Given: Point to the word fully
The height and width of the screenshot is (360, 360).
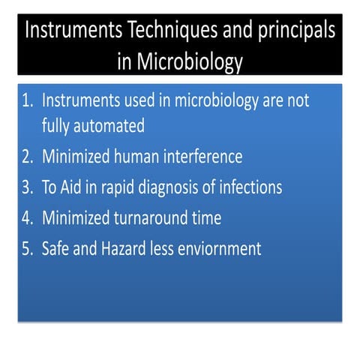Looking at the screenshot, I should click(57, 126).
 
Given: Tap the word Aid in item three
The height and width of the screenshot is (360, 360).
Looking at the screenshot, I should click(75, 187).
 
